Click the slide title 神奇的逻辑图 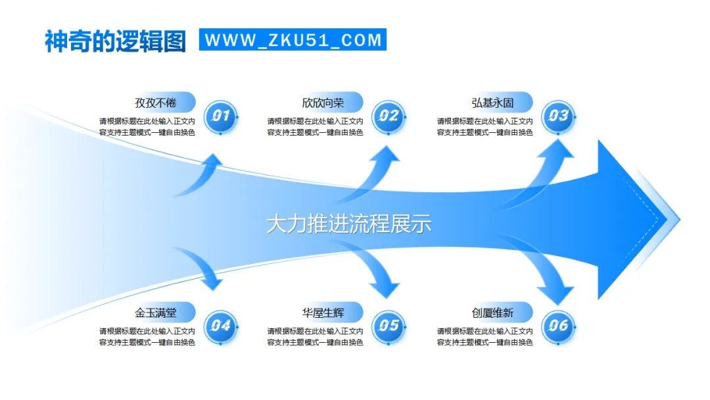point(115,41)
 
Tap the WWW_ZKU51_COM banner point(293,39)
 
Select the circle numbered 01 point(220,117)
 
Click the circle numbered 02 point(389,117)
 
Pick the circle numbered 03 point(558,117)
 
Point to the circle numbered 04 point(220,325)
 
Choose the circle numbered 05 point(389,325)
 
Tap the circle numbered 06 point(558,325)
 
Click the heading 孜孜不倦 point(156,103)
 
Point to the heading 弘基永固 point(492,103)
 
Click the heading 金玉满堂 point(156,312)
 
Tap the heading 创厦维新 point(492,312)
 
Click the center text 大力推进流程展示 point(348,224)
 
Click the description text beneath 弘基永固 point(485,127)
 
